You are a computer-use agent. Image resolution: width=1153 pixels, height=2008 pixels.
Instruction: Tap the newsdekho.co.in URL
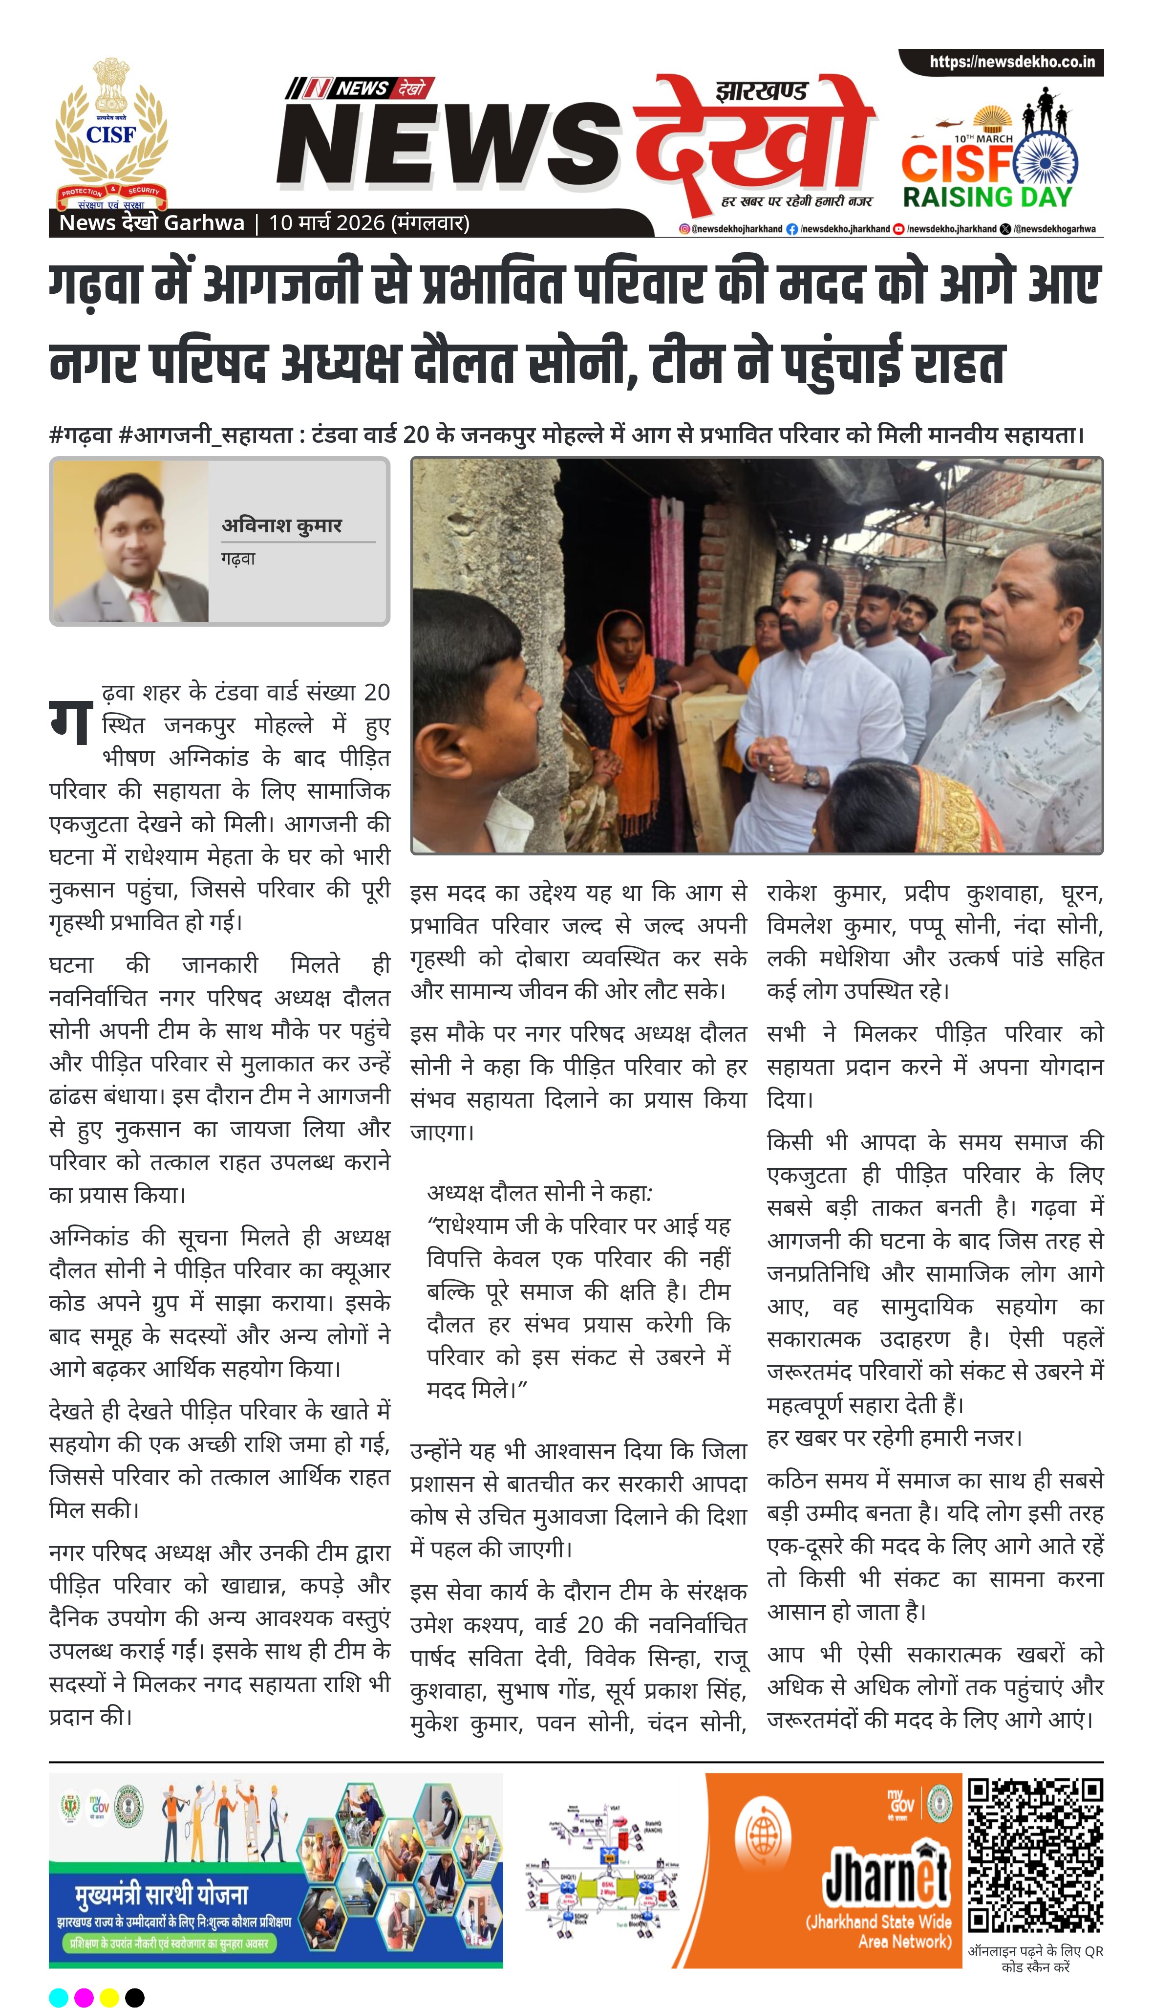1012,62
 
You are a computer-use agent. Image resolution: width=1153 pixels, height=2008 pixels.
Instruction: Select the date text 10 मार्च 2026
326,223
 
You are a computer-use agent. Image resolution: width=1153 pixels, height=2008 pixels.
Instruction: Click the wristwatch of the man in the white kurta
811,776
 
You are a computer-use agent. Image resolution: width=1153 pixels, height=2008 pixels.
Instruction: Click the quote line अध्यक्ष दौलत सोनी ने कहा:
539,1193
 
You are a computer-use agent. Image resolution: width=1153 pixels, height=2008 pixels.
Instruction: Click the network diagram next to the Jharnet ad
603,1871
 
